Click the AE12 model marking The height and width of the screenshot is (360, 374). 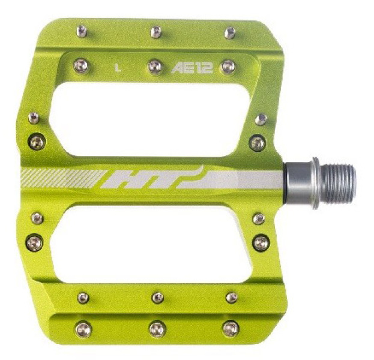click(192, 68)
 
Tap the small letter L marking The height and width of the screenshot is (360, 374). click(118, 68)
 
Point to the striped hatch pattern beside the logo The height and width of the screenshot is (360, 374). click(63, 179)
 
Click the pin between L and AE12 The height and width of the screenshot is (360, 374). click(155, 66)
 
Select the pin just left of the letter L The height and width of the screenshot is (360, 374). click(81, 66)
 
